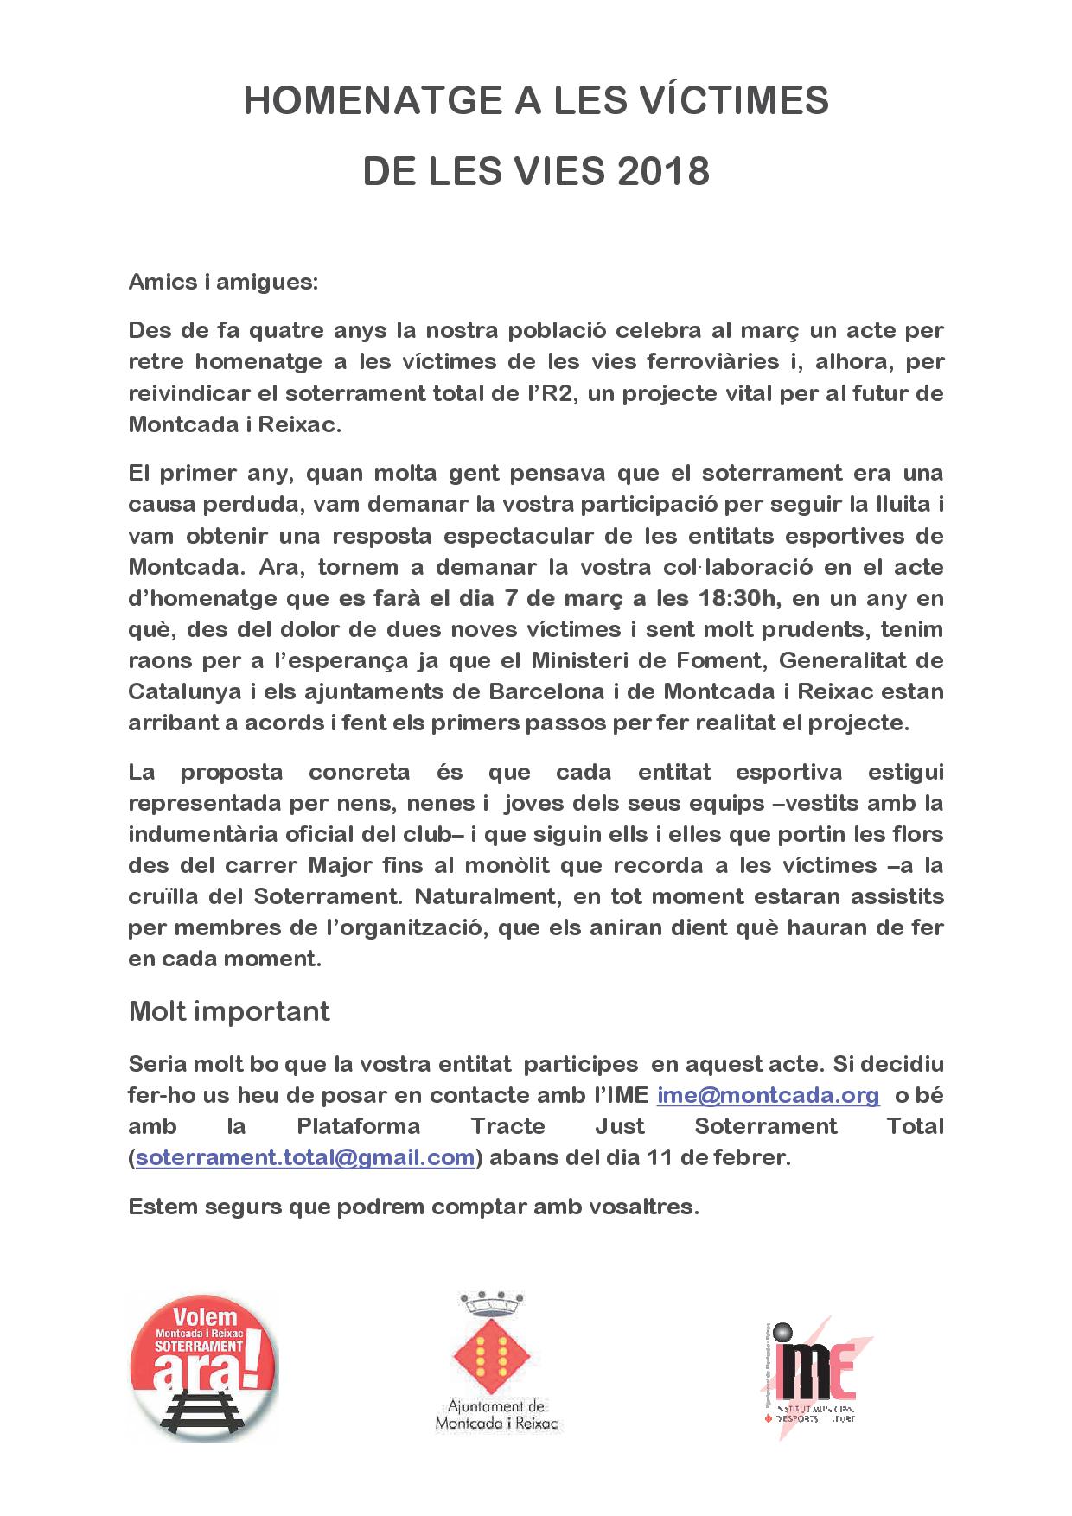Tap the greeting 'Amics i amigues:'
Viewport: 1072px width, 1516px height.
pos(223,283)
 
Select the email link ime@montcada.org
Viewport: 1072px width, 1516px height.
pos(768,1095)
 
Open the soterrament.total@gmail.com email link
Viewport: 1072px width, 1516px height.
pos(305,1157)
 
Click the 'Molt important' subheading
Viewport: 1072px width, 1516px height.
pos(229,1010)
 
